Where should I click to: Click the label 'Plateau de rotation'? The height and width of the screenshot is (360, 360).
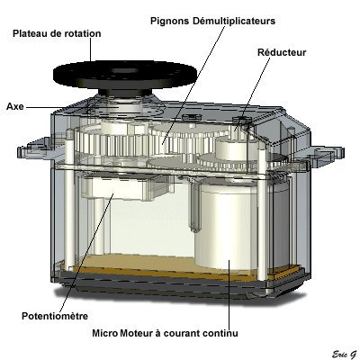point(57,33)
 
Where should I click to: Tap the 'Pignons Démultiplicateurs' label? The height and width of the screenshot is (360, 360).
point(212,22)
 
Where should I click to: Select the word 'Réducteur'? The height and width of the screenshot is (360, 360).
point(282,52)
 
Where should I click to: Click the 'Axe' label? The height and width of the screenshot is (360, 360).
point(15,106)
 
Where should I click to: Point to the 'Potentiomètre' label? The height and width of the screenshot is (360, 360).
point(55,316)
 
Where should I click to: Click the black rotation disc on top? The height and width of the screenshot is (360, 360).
point(125,74)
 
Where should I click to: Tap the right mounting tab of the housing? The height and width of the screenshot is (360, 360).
point(326,154)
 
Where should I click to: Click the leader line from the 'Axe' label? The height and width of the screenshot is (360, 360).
point(57,107)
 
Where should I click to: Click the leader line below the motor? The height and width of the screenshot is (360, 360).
point(229,295)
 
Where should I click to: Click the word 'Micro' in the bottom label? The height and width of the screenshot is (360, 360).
point(104,333)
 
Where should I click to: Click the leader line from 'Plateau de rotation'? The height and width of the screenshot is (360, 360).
point(90,49)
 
